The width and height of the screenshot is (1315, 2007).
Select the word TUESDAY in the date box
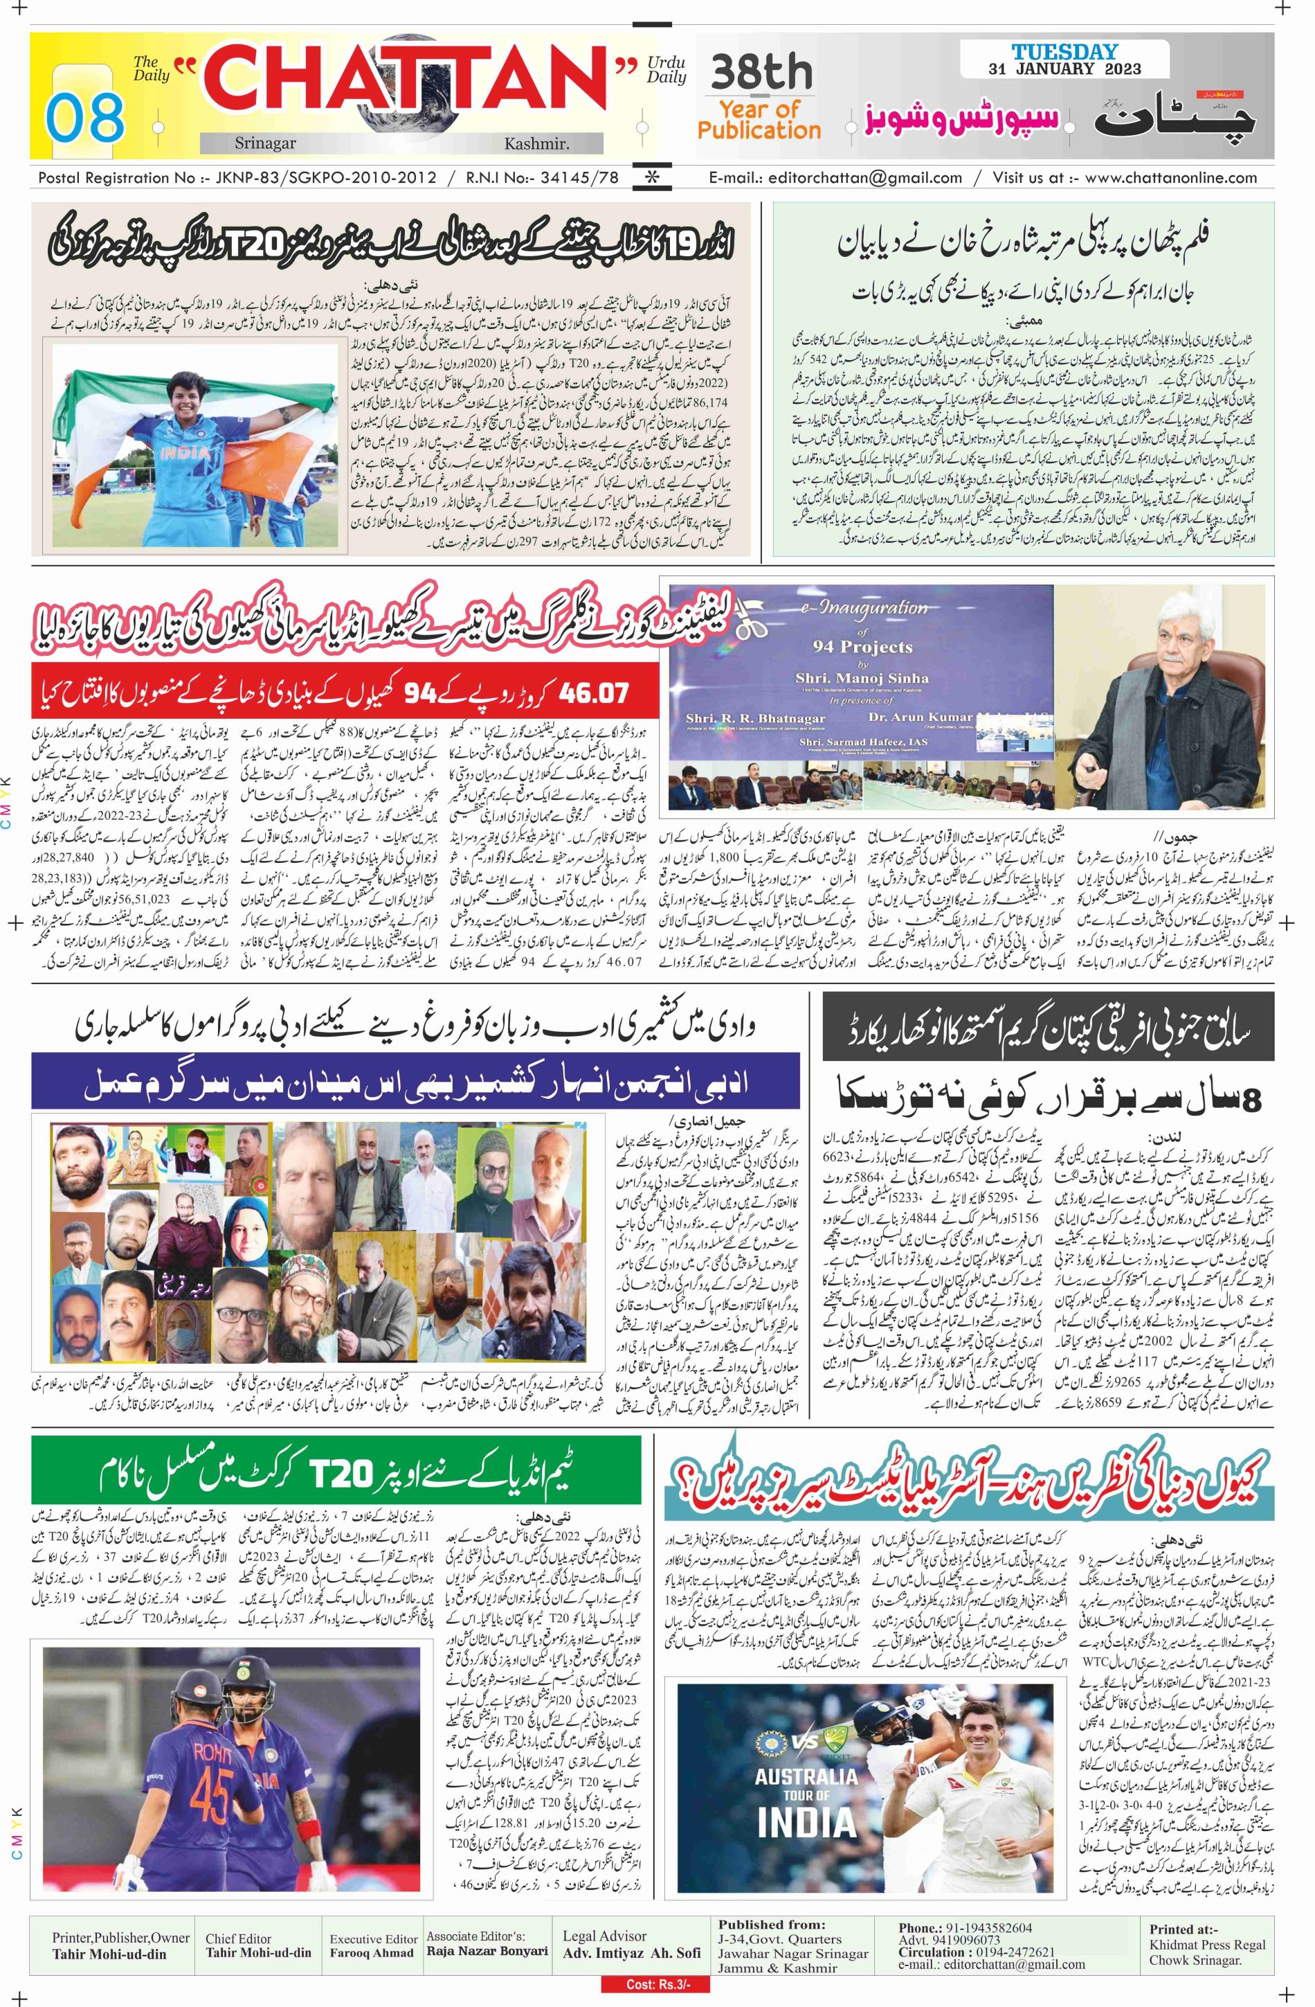click(x=1064, y=52)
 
